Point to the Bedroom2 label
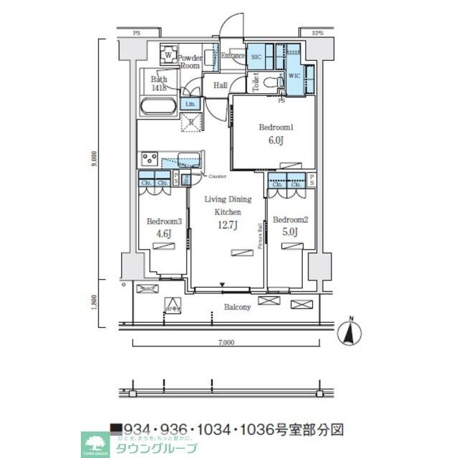(x=290, y=220)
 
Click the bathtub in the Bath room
(x=158, y=107)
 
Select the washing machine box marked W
(x=168, y=55)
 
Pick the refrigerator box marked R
(x=191, y=122)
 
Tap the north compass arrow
(x=349, y=331)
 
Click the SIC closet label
(x=256, y=57)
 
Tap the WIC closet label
(x=294, y=74)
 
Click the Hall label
(x=220, y=85)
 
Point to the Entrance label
(x=233, y=55)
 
